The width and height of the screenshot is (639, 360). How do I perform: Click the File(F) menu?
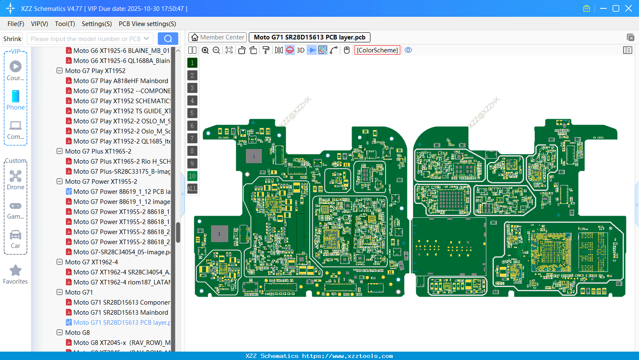[x=16, y=24]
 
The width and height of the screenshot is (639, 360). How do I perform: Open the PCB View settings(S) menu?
[x=147, y=24]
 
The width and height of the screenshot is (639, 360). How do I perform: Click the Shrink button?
[x=12, y=39]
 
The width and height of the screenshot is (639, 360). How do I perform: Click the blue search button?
[x=168, y=39]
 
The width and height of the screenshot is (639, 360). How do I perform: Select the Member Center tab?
[x=218, y=37]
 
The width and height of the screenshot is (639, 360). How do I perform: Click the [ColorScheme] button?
[x=377, y=50]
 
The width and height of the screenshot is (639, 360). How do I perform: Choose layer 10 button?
[x=192, y=176]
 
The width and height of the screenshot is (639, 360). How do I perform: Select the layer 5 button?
[x=192, y=113]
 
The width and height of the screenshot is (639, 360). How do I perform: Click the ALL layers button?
[x=192, y=188]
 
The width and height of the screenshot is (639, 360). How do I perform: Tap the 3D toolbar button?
[x=300, y=50]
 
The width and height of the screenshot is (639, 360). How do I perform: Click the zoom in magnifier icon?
[x=205, y=50]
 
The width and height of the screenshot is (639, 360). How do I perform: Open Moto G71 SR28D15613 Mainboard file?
[x=120, y=312]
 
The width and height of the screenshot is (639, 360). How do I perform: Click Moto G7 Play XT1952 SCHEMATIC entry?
[x=122, y=101]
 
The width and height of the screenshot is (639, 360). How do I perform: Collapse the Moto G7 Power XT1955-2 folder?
[x=60, y=181]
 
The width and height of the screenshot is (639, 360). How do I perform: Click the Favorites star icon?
[x=16, y=271]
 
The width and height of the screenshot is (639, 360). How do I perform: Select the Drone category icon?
[x=16, y=176]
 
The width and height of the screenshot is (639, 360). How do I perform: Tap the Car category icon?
[x=16, y=235]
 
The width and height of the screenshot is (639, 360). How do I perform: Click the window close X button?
[x=628, y=8]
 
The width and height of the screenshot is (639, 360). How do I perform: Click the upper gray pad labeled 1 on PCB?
[x=253, y=156]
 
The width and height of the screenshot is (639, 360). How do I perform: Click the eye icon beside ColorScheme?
[x=408, y=50]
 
